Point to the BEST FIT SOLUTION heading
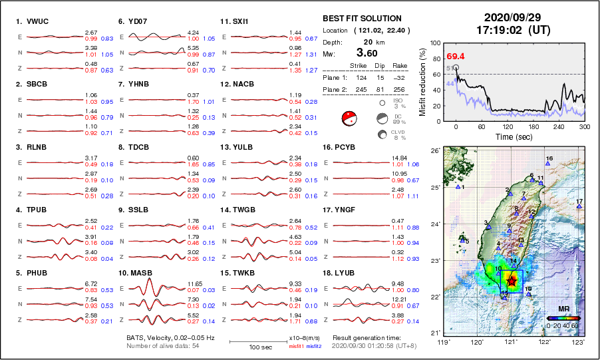point(362,19)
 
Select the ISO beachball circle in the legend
point(382,103)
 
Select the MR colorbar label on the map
point(563,309)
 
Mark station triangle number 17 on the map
point(579,207)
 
